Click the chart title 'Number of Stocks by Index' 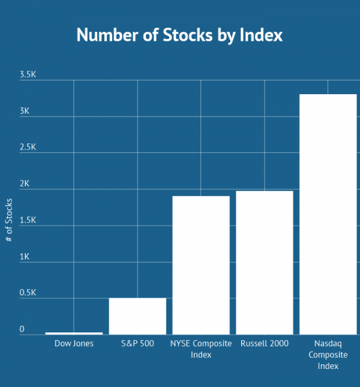[x=179, y=35]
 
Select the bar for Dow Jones [x=74, y=333]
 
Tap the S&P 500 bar [x=137, y=316]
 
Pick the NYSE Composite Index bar [x=201, y=265]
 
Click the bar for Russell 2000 [x=265, y=263]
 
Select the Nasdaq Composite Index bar [x=328, y=214]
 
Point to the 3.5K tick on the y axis [x=28, y=75]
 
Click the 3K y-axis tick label [x=25, y=112]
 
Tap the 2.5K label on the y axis [x=28, y=148]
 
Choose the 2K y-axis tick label [x=25, y=184]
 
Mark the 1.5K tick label [x=28, y=221]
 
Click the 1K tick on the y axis [x=25, y=257]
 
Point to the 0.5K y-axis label [x=28, y=293]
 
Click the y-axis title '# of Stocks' [x=9, y=220]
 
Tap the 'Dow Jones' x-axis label [x=74, y=344]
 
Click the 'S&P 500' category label [x=137, y=344]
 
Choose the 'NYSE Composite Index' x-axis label [x=201, y=349]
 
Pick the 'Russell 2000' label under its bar [x=265, y=344]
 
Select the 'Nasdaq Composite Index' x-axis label [x=328, y=355]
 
